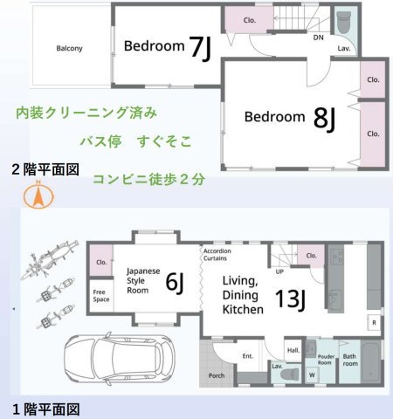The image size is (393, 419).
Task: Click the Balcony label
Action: [x=69, y=48]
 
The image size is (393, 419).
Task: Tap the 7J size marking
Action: [x=200, y=47]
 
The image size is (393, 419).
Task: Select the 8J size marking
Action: [x=325, y=119]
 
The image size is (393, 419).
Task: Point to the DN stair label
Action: [x=318, y=38]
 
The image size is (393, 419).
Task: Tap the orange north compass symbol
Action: [x=38, y=196]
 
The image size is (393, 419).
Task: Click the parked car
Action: [x=120, y=360]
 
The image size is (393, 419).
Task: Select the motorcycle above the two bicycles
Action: [x=50, y=260]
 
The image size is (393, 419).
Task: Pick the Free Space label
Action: [x=101, y=296]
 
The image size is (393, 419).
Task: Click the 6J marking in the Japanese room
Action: [x=175, y=283]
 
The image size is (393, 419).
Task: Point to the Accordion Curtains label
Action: [x=217, y=255]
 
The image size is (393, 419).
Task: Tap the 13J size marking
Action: [x=290, y=299]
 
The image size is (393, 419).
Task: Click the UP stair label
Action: [x=279, y=271]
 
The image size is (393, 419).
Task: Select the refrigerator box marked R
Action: [x=374, y=322]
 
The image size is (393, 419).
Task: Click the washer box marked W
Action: [x=312, y=374]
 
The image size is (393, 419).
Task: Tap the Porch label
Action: [x=217, y=375]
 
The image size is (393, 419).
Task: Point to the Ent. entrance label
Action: [x=248, y=356]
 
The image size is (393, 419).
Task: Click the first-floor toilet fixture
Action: [x=290, y=374]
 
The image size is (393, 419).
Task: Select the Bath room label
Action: [x=350, y=360]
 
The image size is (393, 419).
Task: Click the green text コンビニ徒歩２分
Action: [x=149, y=180]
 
